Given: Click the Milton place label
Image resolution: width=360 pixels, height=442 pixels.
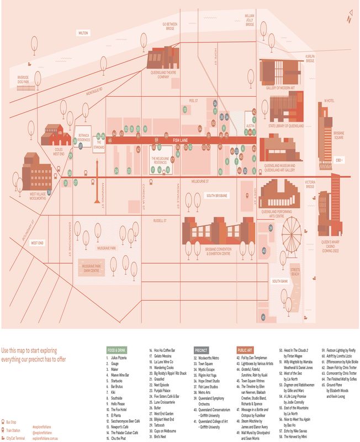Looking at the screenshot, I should tap(83, 33).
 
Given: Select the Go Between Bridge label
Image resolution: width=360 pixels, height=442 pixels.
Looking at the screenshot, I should tap(170, 25).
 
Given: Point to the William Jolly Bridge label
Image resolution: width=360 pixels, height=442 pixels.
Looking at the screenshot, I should tap(250, 20).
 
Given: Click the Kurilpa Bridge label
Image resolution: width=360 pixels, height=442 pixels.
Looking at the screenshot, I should tap(310, 59).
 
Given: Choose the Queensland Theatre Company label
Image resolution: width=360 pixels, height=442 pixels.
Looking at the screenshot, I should tap(163, 75).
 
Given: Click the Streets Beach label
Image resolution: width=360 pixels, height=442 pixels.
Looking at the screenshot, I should tap(295, 271).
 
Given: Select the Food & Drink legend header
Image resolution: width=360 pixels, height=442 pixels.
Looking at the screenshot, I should tap(117, 350).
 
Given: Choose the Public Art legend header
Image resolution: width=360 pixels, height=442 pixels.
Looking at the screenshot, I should tap(246, 350).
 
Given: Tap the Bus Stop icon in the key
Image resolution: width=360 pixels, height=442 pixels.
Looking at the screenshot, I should tap(4, 423).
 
